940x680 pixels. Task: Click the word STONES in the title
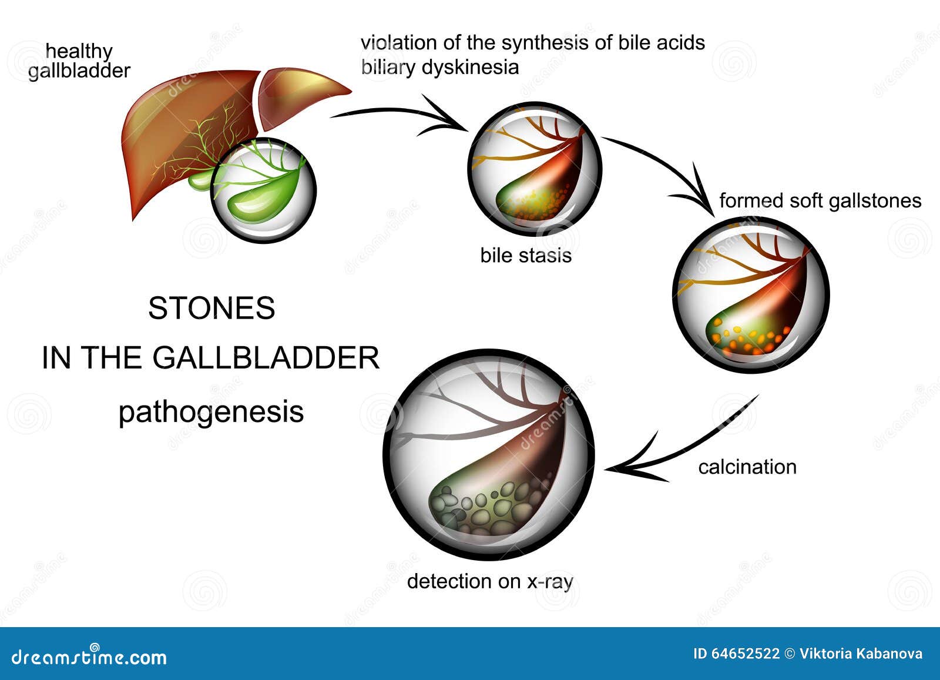click(211, 308)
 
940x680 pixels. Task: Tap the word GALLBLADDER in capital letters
click(266, 358)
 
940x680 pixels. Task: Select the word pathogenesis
click(211, 413)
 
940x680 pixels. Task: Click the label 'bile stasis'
click(526, 255)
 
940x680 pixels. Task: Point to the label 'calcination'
click(747, 467)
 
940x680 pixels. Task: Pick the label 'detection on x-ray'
click(490, 582)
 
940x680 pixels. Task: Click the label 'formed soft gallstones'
click(820, 200)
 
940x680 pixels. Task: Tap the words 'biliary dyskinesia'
click(440, 68)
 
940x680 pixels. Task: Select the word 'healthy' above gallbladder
click(79, 52)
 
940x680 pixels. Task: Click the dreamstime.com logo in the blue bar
click(89, 657)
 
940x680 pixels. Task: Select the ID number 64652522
click(746, 654)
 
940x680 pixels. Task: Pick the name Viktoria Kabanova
click(861, 654)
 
